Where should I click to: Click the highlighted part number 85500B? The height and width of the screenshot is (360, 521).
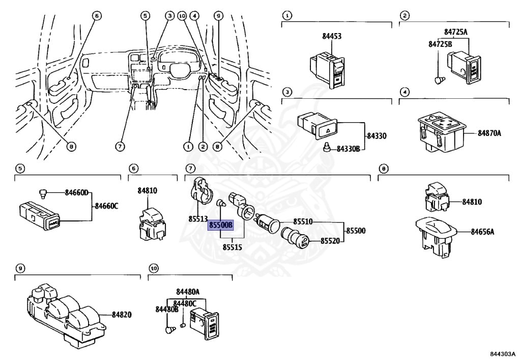pyautogui.click(x=220, y=225)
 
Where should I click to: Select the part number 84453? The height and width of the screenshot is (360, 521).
pyautogui.click(x=332, y=36)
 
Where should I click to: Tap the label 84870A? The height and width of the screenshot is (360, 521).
pyautogui.click(x=489, y=133)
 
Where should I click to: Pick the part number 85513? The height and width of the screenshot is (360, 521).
pyautogui.click(x=198, y=219)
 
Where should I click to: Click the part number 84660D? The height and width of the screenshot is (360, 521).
pyautogui.click(x=76, y=192)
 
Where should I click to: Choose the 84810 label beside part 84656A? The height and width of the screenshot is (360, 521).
pyautogui.click(x=472, y=202)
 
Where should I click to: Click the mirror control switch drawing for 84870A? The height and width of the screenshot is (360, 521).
pyautogui.click(x=441, y=131)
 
